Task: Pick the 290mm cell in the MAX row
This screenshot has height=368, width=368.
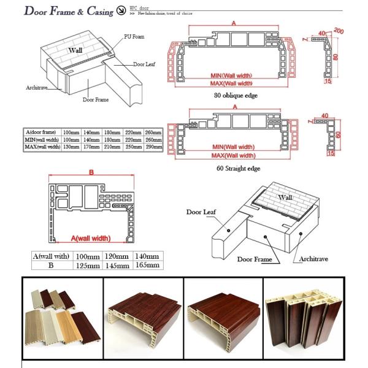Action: (x=153, y=147)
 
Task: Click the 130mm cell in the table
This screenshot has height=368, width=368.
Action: (x=71, y=147)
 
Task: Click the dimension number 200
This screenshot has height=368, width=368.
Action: (x=339, y=31)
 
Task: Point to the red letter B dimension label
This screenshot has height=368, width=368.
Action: (x=91, y=174)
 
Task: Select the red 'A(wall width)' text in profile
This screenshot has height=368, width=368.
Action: (x=90, y=238)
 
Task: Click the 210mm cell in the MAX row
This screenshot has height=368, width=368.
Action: (x=112, y=147)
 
